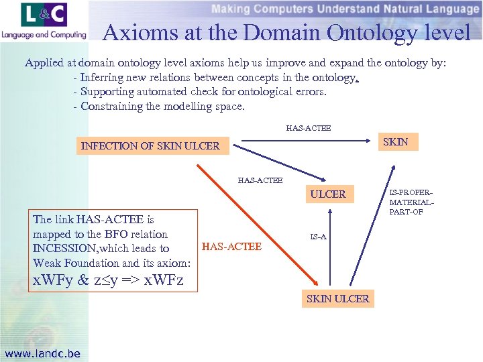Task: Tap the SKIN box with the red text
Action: [395, 141]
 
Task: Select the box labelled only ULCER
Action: [327, 194]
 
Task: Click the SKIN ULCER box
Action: [337, 299]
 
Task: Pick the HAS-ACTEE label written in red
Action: [231, 247]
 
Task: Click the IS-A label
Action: [318, 237]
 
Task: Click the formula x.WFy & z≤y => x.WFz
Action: [108, 280]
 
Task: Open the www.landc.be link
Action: [42, 353]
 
